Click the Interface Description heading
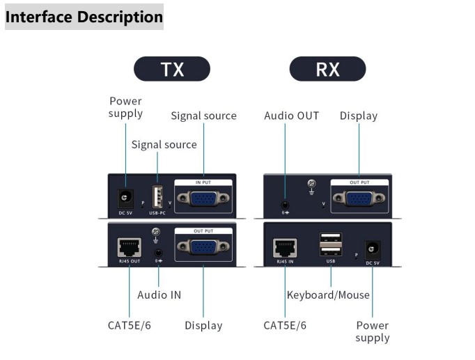coord(84,16)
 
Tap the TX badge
coord(171,69)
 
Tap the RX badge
coord(327,69)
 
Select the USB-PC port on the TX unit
coord(157,196)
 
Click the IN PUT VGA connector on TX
coord(203,198)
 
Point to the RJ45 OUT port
coord(130,246)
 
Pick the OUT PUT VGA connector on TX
coord(203,248)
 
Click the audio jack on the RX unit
coord(285,207)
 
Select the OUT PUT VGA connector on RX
coord(359,198)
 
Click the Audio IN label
coord(159,295)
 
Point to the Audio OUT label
coord(291,116)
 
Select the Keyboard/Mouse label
coord(328,295)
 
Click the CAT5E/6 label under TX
coord(130,325)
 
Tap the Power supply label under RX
coord(373,331)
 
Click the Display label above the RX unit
coord(358,116)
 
